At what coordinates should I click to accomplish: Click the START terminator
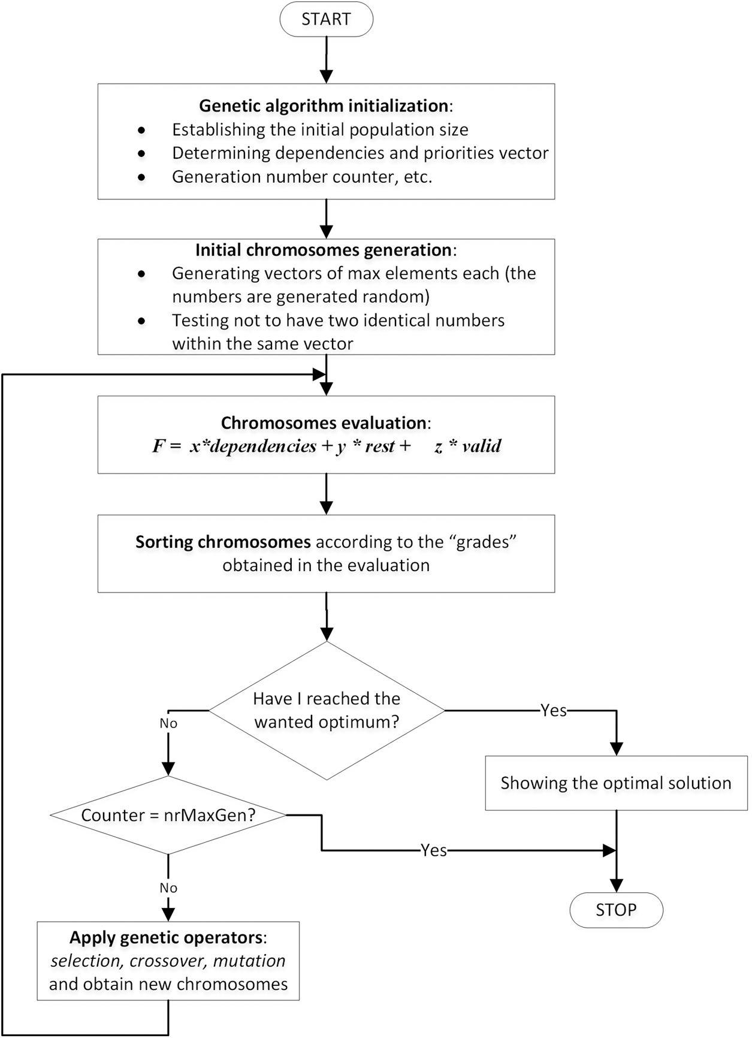pos(326,19)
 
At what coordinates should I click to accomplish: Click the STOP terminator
pos(616,910)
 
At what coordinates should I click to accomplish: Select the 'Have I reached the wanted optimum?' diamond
pos(327,710)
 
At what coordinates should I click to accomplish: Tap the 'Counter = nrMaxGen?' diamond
pos(168,815)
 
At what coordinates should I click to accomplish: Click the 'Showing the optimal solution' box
pos(616,783)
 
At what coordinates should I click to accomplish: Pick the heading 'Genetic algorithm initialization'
pos(324,106)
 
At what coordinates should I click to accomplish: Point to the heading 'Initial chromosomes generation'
pos(324,250)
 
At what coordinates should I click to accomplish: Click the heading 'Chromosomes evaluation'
pos(324,423)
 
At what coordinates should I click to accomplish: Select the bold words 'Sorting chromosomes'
pos(223,542)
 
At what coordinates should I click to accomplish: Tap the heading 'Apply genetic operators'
pos(167,937)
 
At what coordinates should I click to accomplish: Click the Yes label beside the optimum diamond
pos(553,711)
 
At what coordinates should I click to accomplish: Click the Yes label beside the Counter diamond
pos(433,850)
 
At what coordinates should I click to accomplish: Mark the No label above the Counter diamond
pos(168,723)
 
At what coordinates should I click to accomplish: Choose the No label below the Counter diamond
pos(168,888)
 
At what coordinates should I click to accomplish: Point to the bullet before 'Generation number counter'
pos(141,177)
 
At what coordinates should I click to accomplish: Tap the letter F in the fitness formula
pos(158,446)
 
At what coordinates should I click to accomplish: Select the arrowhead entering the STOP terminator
pos(616,886)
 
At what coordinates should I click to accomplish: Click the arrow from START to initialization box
pos(326,60)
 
